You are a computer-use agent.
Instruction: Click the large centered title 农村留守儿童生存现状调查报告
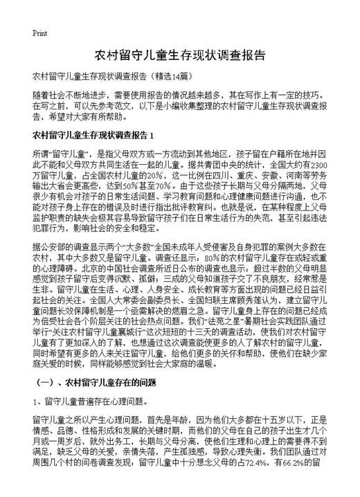pos(179,55)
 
